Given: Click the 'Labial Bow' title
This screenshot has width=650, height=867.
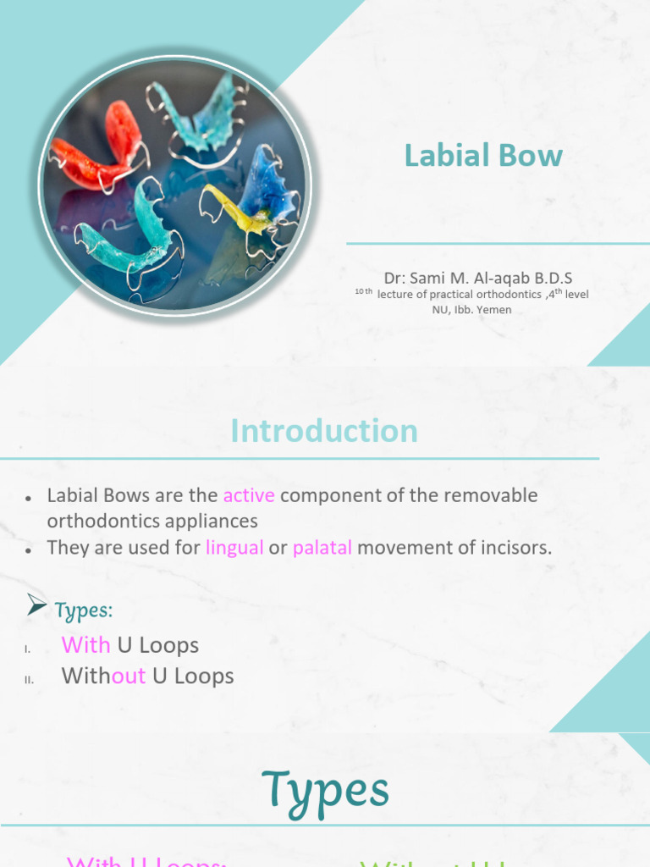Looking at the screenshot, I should [483, 156].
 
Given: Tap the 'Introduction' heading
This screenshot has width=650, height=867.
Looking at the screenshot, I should [324, 431].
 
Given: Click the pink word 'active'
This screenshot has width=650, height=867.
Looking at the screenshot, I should [249, 495].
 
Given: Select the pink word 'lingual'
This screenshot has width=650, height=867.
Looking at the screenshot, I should [234, 548].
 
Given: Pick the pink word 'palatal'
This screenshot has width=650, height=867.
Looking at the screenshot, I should [322, 548].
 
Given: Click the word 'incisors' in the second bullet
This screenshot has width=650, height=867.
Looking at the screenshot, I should [515, 548].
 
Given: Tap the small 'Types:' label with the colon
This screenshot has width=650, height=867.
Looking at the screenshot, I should [84, 610].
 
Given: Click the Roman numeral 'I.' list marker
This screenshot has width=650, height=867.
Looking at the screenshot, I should [28, 649].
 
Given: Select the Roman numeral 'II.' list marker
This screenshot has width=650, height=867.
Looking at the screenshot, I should [29, 679].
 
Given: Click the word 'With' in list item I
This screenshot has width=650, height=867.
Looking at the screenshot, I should [86, 645].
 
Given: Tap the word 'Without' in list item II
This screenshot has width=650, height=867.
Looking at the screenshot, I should [104, 676].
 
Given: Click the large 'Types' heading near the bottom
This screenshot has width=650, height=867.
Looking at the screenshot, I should [325, 790].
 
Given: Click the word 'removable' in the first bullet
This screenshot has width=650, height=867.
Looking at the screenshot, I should [495, 495].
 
